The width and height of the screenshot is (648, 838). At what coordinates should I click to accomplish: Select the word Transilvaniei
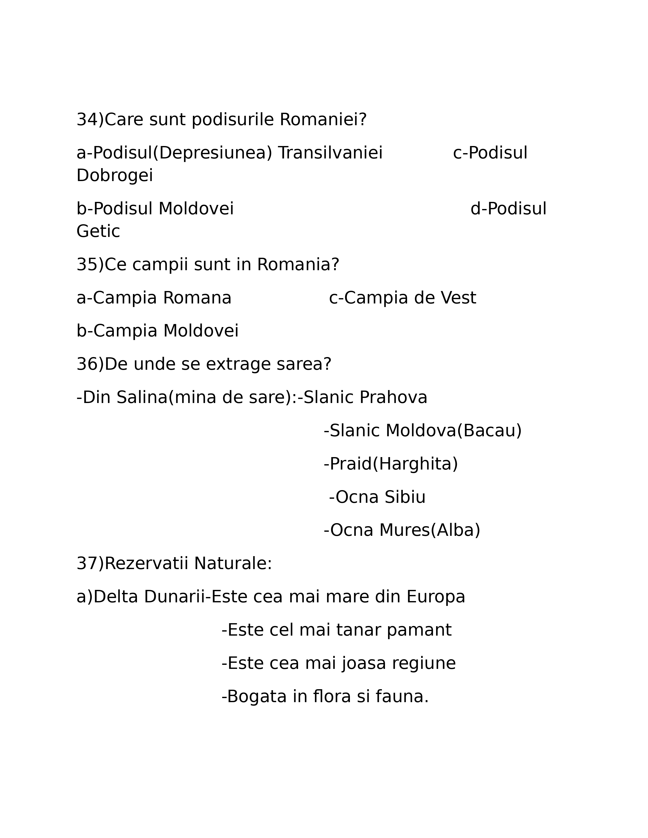[330, 153]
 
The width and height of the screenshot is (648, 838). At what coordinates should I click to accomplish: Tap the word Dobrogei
[114, 176]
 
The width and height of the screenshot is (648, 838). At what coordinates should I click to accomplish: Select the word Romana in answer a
[197, 298]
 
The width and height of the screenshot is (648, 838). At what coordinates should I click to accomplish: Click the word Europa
[436, 597]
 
